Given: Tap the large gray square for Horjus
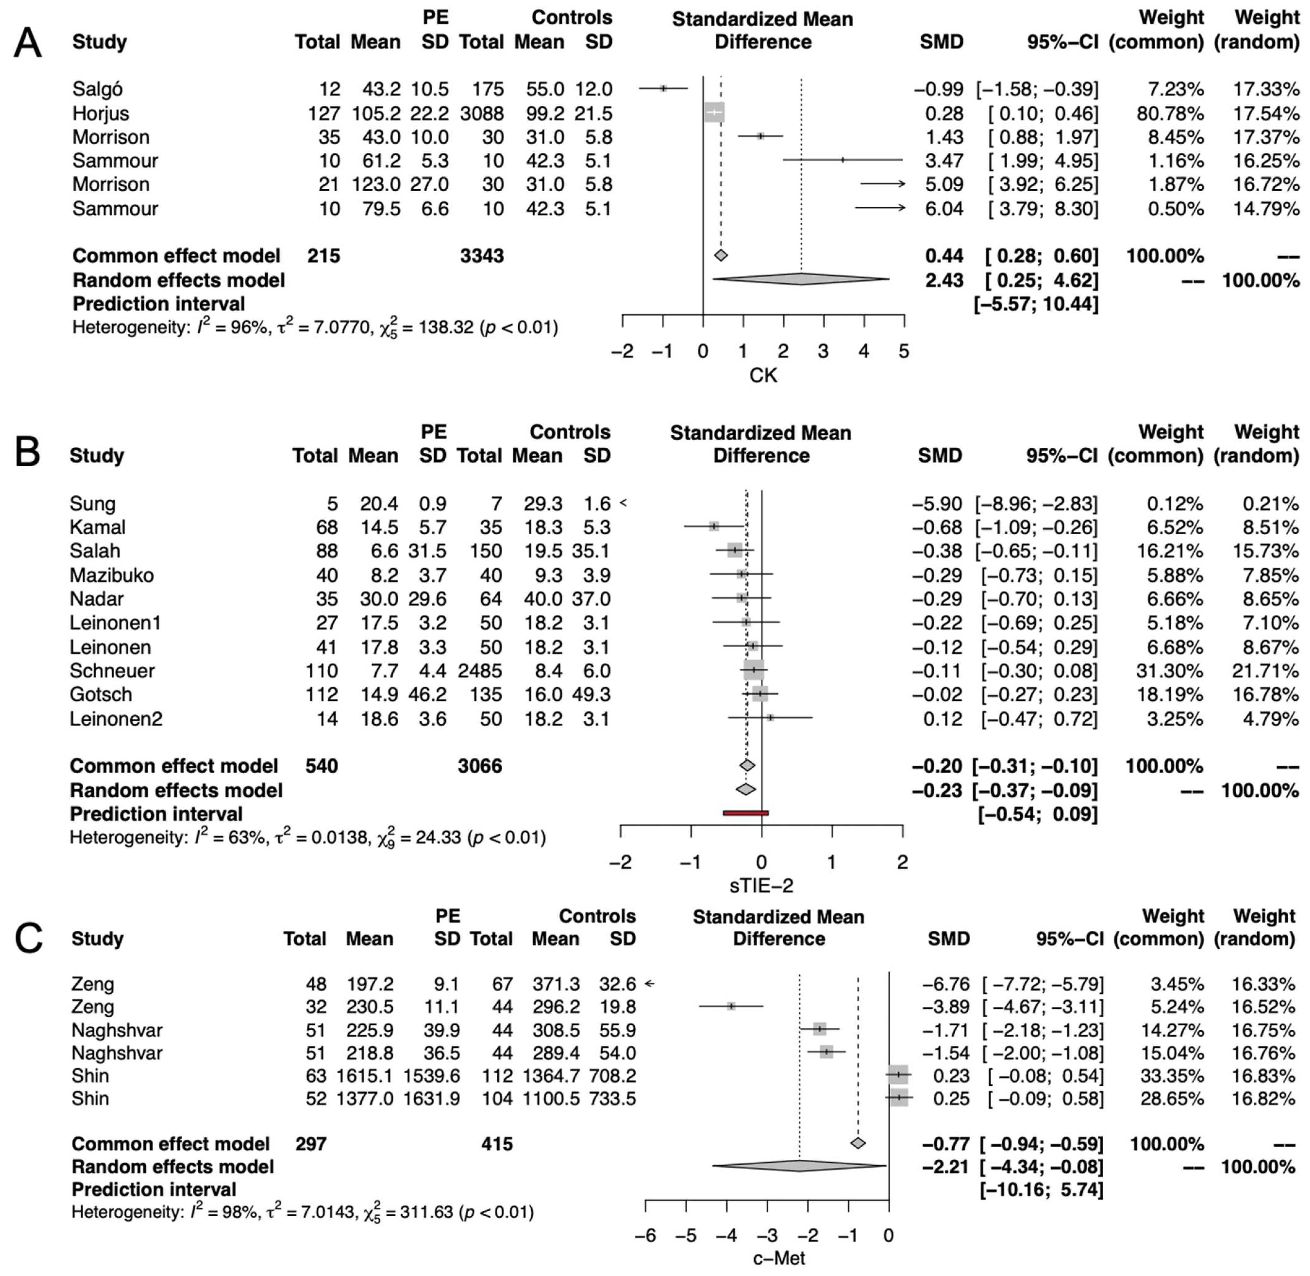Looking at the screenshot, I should pos(715,113).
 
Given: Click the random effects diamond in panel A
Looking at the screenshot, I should pos(801,279).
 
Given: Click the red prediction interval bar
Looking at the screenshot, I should pos(746,813).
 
